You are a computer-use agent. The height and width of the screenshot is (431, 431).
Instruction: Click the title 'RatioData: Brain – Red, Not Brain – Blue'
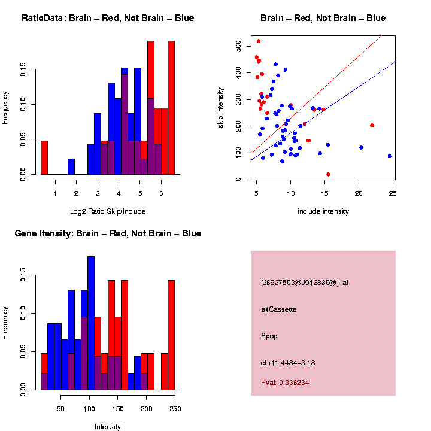pyautogui.click(x=108, y=19)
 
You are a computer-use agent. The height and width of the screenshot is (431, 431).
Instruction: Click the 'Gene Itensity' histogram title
pyautogui.click(x=108, y=233)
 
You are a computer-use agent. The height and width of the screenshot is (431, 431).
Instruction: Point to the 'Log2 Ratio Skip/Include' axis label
pyautogui.click(x=108, y=211)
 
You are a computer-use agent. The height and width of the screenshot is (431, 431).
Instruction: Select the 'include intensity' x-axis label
pyautogui.click(x=323, y=211)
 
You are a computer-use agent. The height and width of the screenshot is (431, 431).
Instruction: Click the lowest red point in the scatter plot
pyautogui.click(x=328, y=174)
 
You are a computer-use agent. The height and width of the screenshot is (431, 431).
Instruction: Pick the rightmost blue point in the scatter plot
pyautogui.click(x=390, y=156)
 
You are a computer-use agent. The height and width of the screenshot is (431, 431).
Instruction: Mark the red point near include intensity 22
pyautogui.click(x=372, y=126)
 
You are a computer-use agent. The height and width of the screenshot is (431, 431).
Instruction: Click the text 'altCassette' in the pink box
pyautogui.click(x=279, y=309)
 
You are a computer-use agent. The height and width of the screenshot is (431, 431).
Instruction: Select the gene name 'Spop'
pyautogui.click(x=270, y=335)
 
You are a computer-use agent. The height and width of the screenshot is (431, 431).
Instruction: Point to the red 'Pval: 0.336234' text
pyautogui.click(x=285, y=382)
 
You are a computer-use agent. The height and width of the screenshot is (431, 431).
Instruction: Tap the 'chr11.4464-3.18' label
pyautogui.click(x=288, y=362)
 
